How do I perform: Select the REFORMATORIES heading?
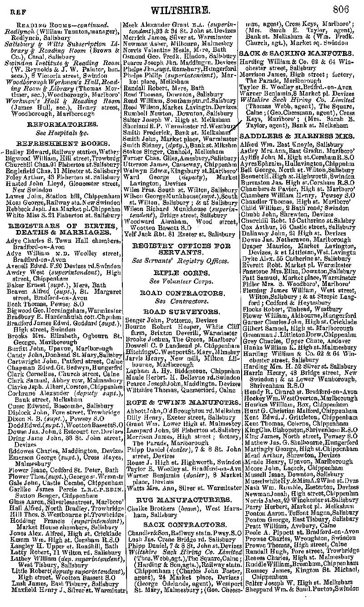62,124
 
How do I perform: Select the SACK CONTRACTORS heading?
180,524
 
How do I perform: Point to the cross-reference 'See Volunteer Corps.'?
180,281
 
